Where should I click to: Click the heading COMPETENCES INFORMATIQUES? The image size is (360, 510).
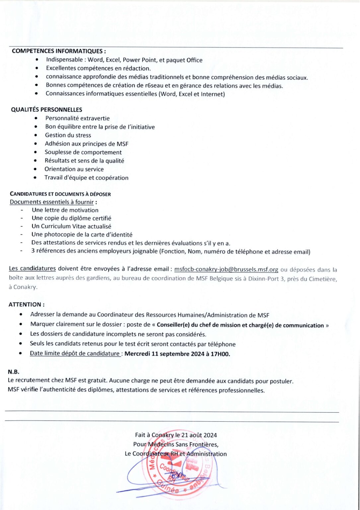[59, 51]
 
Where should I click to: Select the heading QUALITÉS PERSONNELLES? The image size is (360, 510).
[46, 110]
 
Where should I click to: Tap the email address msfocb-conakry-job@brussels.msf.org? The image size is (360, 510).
[226, 270]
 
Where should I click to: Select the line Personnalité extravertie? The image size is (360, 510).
[77, 118]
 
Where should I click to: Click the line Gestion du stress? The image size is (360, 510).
[68, 135]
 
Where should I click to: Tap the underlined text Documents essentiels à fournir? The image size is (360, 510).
[52, 202]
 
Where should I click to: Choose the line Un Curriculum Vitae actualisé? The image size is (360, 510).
[71, 226]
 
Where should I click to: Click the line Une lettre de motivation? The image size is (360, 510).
[65, 210]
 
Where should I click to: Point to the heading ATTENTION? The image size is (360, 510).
[26, 304]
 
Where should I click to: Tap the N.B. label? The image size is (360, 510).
[13, 372]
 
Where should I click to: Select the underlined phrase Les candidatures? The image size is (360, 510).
[32, 268]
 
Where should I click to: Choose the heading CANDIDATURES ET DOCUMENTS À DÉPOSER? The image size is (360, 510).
[60, 194]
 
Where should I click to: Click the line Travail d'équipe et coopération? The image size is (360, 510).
[86, 178]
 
